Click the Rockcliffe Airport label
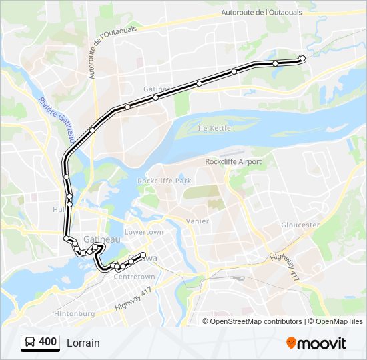pos(233,161)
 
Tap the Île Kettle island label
pos(214,127)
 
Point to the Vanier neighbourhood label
pos(198,221)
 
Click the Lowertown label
pos(144,232)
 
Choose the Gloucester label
pos(300,225)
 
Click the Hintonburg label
pos(73,313)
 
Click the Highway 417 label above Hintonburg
pos(133,298)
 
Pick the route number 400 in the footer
pos(48,342)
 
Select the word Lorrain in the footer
pos(83,343)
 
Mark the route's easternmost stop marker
pos(302,58)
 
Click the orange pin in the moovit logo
pos(291,343)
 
